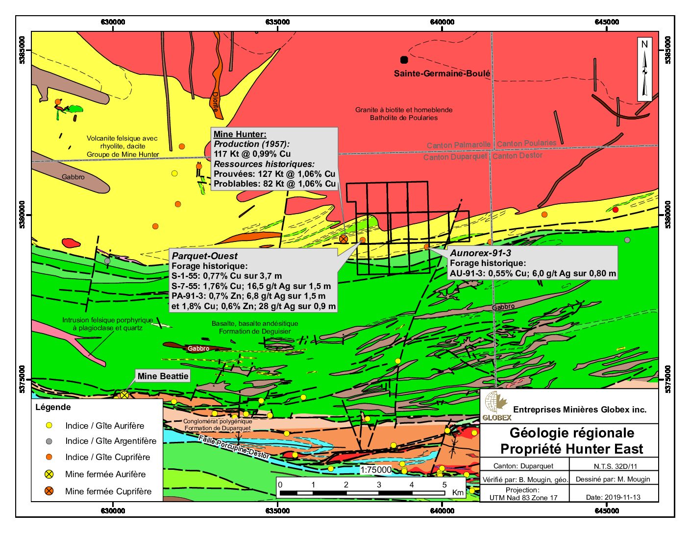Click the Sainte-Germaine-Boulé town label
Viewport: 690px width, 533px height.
(442, 73)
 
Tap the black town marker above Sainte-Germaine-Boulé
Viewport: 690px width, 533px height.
(404, 60)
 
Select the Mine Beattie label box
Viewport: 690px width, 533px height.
(163, 376)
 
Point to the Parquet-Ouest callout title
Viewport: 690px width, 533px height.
(204, 256)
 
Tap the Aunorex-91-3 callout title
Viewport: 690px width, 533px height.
(480, 253)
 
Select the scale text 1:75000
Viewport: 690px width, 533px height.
(376, 470)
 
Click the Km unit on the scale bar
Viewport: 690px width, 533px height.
(458, 492)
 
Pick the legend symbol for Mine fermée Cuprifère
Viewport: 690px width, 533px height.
(49, 491)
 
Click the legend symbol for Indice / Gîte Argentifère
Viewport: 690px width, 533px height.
(49, 441)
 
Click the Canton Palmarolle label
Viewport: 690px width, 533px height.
(458, 145)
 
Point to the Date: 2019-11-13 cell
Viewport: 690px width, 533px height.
(613, 497)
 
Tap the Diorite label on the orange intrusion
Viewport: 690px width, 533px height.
(215, 102)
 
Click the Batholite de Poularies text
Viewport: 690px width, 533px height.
(403, 118)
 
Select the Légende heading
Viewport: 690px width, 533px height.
(53, 407)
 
